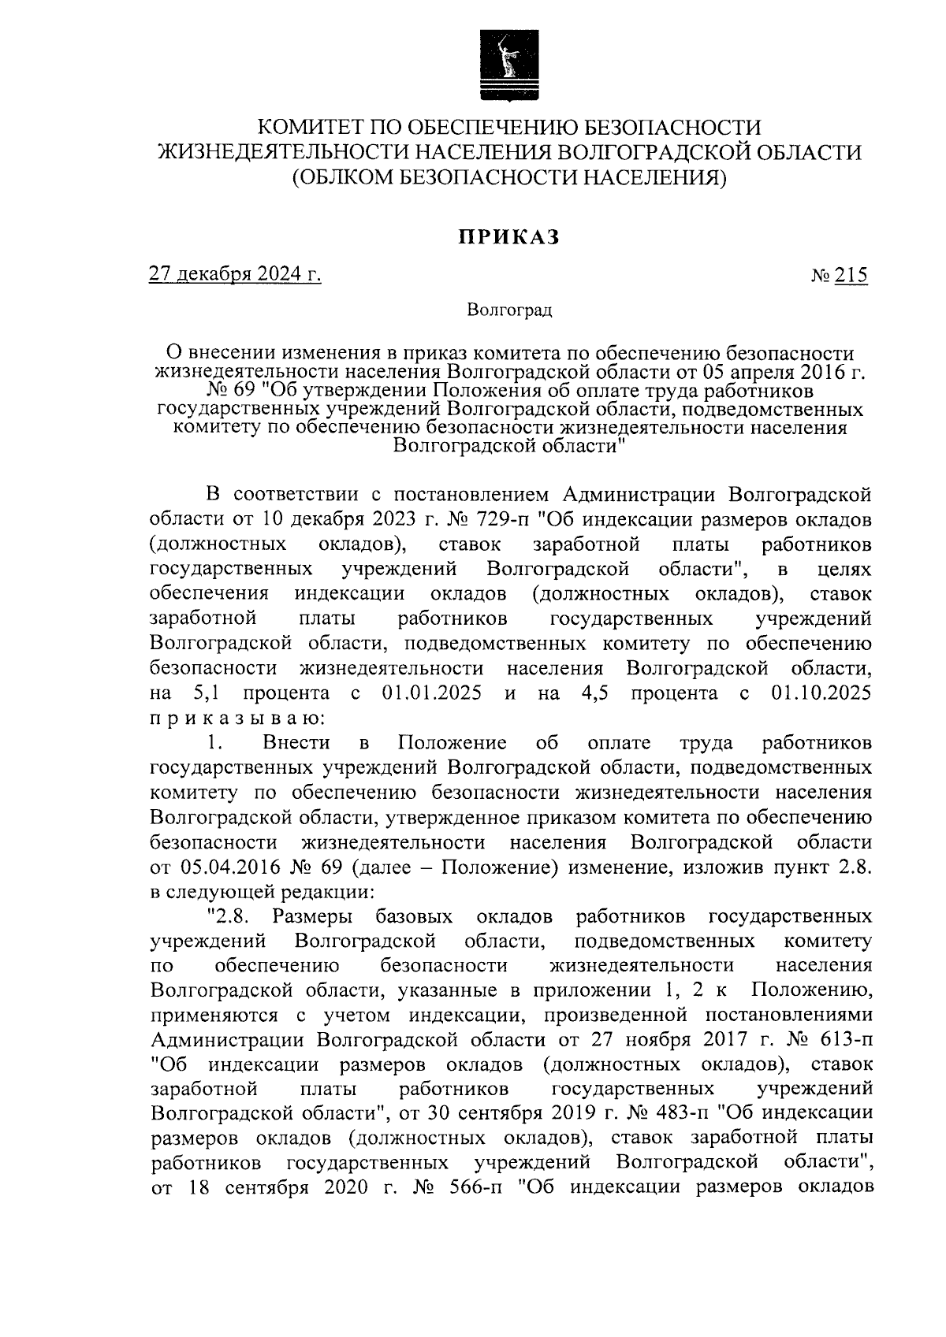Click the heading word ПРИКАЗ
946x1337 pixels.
(x=510, y=236)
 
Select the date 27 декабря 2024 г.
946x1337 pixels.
(x=235, y=275)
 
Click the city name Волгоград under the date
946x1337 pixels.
(x=510, y=310)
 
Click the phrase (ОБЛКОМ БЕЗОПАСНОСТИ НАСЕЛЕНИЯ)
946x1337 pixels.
(x=510, y=177)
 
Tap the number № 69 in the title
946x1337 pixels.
(x=182, y=391)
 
